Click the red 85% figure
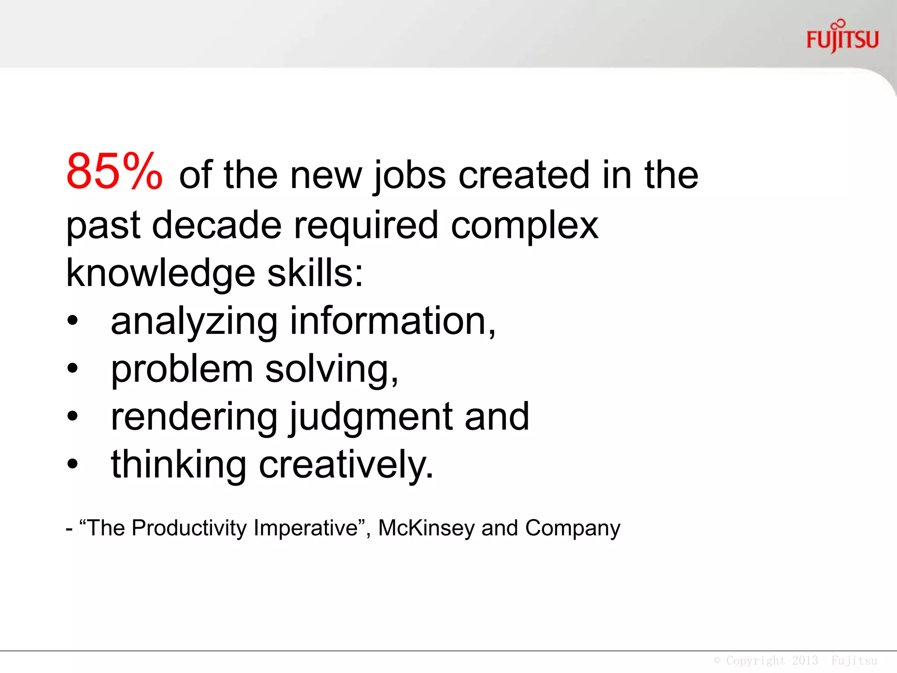click(x=114, y=171)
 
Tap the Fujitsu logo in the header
click(x=842, y=38)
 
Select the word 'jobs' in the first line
click(x=410, y=175)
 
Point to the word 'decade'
click(x=217, y=225)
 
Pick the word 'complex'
click(x=524, y=226)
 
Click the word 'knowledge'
click(x=160, y=274)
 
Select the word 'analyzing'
click(x=194, y=322)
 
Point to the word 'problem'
click(x=182, y=370)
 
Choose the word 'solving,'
click(x=332, y=370)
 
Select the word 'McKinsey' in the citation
click(x=426, y=528)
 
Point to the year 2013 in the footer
click(x=805, y=660)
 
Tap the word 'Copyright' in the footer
click(x=756, y=660)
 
